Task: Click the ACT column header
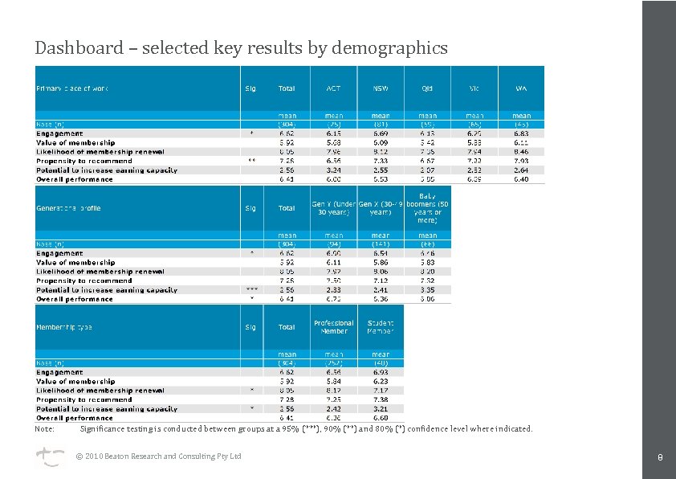coord(333,88)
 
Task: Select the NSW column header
coord(381,88)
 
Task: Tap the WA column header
coord(521,88)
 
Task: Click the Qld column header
coord(428,88)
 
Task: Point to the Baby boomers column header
coord(428,207)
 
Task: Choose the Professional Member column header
coord(333,327)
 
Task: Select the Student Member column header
coord(381,327)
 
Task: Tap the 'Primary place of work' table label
coord(71,88)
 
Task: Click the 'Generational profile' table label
coord(69,208)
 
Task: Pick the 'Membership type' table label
coord(64,328)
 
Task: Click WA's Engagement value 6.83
coord(521,133)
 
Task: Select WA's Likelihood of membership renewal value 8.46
coord(521,151)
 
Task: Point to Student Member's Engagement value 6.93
coord(381,372)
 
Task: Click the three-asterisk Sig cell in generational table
coord(250,289)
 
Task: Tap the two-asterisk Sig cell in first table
coord(250,161)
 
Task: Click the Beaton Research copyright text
coord(158,456)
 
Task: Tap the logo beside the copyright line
coord(47,456)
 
